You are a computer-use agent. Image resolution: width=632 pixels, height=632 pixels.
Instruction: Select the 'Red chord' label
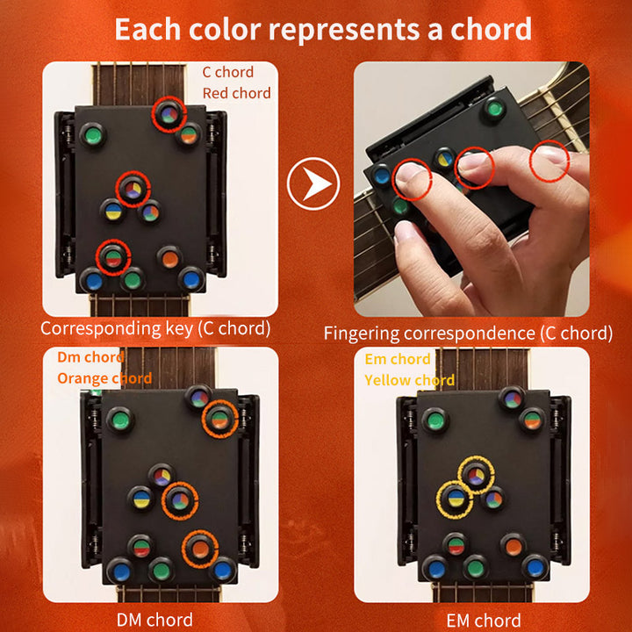click(236, 93)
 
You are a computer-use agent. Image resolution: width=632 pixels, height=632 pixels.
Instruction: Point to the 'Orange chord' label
click(104, 378)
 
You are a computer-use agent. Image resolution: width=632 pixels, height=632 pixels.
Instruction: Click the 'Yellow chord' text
click(409, 380)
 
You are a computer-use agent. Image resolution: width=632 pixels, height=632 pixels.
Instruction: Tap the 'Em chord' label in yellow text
click(398, 359)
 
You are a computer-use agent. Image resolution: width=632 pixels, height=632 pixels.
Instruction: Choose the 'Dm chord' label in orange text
click(90, 357)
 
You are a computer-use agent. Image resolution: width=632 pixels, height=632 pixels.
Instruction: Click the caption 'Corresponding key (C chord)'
click(155, 329)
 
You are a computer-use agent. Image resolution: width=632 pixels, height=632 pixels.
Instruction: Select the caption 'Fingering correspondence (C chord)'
click(468, 333)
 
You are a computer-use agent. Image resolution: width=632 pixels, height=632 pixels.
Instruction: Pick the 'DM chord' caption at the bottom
click(155, 619)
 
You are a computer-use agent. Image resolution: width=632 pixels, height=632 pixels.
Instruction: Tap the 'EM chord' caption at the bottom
click(483, 620)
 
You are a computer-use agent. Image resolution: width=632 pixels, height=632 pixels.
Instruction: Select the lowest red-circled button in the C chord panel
click(112, 256)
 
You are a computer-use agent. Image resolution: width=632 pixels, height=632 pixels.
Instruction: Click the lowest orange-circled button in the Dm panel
click(200, 549)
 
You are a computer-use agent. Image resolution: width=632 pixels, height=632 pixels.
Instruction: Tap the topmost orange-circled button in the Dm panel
click(219, 419)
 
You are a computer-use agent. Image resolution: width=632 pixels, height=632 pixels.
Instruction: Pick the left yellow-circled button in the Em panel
click(455, 498)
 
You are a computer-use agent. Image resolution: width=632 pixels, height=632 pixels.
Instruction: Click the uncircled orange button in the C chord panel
click(169, 257)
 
